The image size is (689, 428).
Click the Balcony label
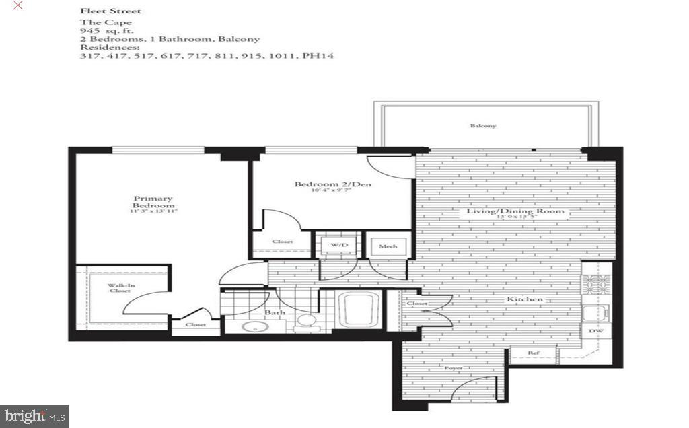[x=483, y=126]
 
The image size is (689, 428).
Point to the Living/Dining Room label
[x=516, y=212]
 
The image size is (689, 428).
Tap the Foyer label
[x=454, y=369]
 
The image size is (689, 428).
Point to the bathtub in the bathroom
[x=360, y=310]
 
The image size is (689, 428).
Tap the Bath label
[x=275, y=312]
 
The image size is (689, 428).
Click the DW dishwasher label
[x=595, y=332]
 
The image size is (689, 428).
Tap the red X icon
[x=17, y=5]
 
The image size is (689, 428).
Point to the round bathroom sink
[x=256, y=327]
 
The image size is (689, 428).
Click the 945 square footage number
[x=89, y=31]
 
